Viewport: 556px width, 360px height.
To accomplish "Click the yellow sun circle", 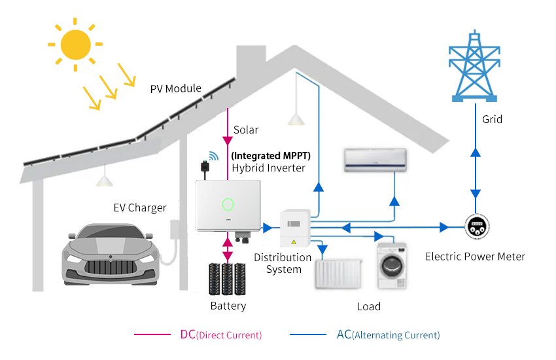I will point(75,45).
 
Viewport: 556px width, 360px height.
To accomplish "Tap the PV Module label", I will point(175,88).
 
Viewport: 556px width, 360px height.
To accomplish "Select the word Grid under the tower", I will point(492,120).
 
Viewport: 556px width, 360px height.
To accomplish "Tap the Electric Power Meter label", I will point(475,256).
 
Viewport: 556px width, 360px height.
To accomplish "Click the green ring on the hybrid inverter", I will point(228,204).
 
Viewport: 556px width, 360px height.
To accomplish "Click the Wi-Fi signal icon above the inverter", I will point(214,156).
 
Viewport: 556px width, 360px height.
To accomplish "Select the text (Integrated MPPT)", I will point(270,156).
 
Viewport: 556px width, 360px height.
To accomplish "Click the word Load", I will point(369,306).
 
